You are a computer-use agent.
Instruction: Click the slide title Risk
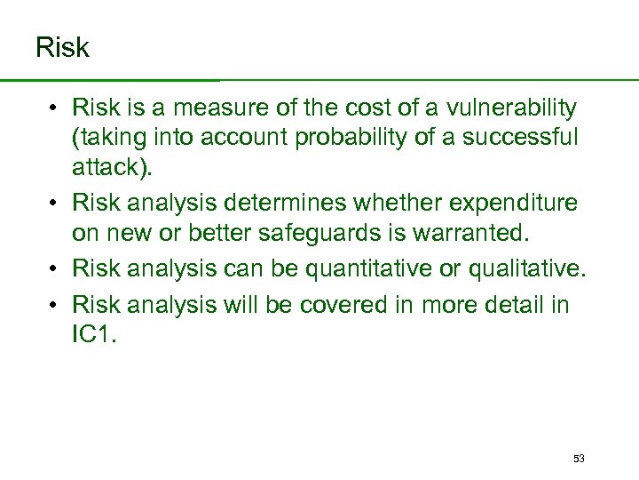[62, 47]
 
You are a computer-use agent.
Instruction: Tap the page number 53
[579, 459]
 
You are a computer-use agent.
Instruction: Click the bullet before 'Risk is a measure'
[54, 109]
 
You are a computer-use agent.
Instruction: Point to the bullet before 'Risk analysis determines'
[54, 204]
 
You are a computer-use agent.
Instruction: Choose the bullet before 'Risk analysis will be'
[54, 305]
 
